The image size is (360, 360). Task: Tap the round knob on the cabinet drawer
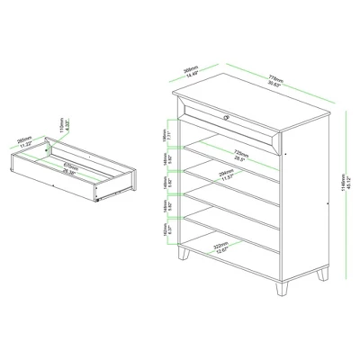click(227, 114)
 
